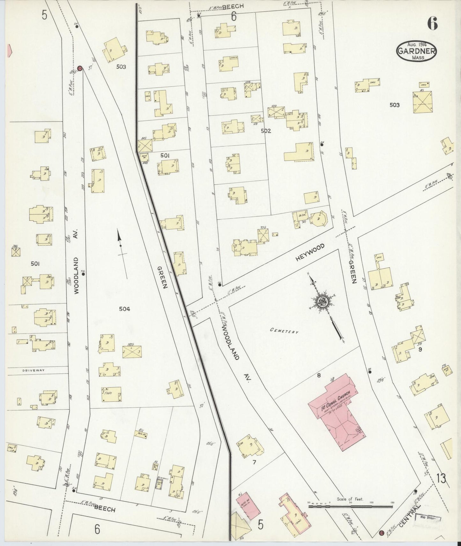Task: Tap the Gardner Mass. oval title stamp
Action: tap(416, 51)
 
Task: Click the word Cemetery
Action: tap(284, 331)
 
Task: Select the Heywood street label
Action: tap(310, 253)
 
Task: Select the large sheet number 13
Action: tap(442, 478)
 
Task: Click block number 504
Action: tap(124, 308)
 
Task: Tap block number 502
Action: tap(265, 131)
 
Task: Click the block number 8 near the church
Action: tap(318, 376)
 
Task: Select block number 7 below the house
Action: tap(254, 463)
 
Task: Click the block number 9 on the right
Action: tap(420, 349)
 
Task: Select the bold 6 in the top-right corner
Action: tap(433, 23)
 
